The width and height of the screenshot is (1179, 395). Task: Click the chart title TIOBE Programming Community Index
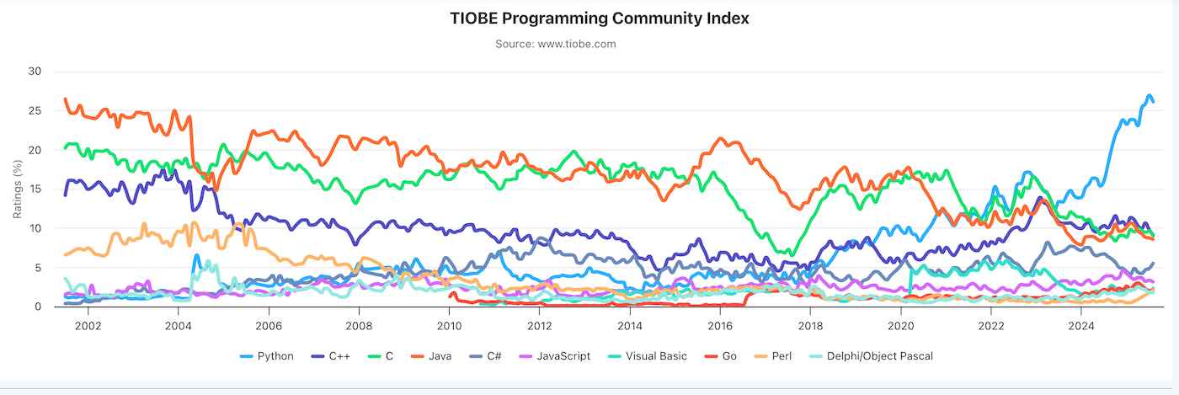(x=589, y=19)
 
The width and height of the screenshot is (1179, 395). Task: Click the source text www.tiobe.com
(x=555, y=44)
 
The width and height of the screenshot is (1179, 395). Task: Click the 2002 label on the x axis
(x=88, y=325)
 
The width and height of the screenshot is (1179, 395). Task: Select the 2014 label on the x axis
(x=629, y=325)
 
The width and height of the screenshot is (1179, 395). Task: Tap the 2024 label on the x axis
(x=1081, y=325)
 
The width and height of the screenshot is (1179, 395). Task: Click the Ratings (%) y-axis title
(x=17, y=189)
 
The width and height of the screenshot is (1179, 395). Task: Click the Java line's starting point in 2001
(x=66, y=99)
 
